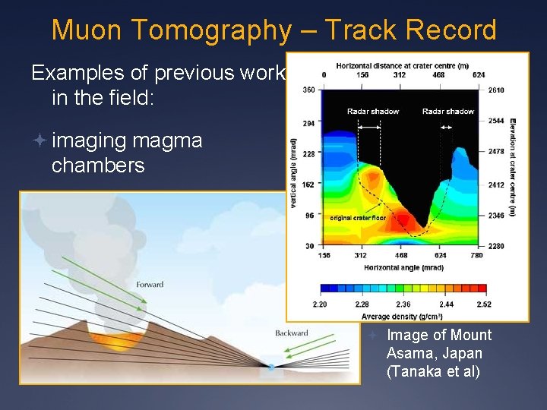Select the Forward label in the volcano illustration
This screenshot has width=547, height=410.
click(150, 285)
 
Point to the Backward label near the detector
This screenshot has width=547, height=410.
click(292, 333)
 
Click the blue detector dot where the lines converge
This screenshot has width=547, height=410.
click(271, 367)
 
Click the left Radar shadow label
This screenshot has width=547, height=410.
click(372, 112)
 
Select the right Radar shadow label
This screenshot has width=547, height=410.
click(447, 112)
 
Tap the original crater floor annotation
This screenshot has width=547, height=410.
click(358, 218)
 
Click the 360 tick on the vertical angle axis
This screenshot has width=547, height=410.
click(308, 90)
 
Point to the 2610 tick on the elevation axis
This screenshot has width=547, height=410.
click(496, 90)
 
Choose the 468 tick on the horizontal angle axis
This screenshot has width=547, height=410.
click(401, 256)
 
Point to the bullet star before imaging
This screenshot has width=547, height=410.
click(40, 141)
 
